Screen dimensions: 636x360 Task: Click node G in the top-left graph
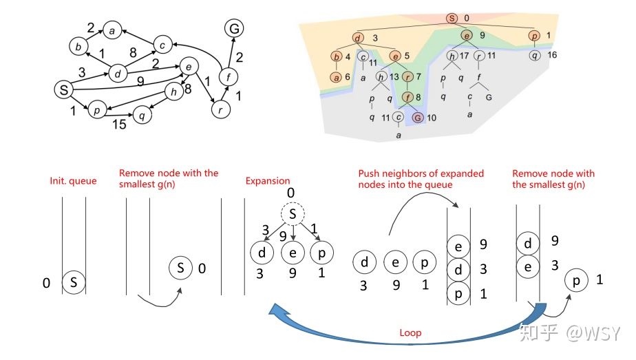pos(234,28)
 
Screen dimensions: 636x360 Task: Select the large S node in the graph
pos(64,89)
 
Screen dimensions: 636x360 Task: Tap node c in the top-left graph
pos(162,45)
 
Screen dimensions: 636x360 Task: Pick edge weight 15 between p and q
pos(119,124)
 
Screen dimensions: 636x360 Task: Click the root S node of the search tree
pos(452,19)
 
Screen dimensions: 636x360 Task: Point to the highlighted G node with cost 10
pos(418,118)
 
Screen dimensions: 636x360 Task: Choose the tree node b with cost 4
pos(337,56)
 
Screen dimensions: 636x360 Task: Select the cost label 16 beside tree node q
pos(552,55)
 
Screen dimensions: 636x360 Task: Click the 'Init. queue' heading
pos(73,181)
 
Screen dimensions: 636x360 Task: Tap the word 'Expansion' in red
pos(268,181)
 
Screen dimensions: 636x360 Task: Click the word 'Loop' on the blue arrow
pos(410,333)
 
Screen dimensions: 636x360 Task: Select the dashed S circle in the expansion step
pos(293,214)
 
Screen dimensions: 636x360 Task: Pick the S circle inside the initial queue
pos(74,282)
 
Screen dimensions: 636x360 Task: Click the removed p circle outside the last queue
pos(576,281)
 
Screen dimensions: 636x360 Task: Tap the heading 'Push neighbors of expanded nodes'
pos(421,179)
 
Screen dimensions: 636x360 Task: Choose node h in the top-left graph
pos(173,92)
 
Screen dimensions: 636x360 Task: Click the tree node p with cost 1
pos(535,36)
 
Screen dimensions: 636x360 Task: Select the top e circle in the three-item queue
pos(458,246)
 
